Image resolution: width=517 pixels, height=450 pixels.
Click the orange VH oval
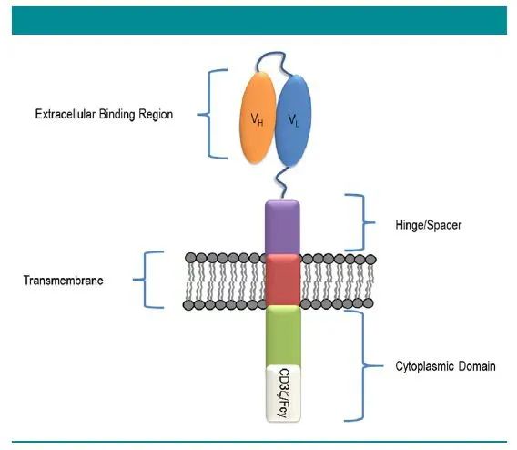coord(258,118)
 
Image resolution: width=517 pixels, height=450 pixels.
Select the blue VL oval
coord(293,121)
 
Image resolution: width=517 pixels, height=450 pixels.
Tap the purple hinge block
coord(282,228)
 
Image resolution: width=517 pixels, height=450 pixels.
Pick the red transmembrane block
coord(283,280)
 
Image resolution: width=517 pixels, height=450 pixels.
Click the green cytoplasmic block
coord(283,335)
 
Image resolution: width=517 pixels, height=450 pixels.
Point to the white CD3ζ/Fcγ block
coord(283,393)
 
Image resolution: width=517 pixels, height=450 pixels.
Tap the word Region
coord(156,115)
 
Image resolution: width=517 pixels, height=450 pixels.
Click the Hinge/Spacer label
coord(429,225)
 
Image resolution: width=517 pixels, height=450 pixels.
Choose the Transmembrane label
coord(64,280)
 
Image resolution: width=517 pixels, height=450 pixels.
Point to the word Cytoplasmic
coord(421,366)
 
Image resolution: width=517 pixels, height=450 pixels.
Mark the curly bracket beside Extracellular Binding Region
coord(208,114)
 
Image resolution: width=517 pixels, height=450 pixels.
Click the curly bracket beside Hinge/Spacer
coord(364,222)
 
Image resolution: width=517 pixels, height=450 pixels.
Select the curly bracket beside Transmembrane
coord(145,280)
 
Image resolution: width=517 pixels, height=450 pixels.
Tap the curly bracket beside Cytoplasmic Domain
coord(363,365)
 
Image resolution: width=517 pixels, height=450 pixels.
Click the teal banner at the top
coord(259,20)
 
